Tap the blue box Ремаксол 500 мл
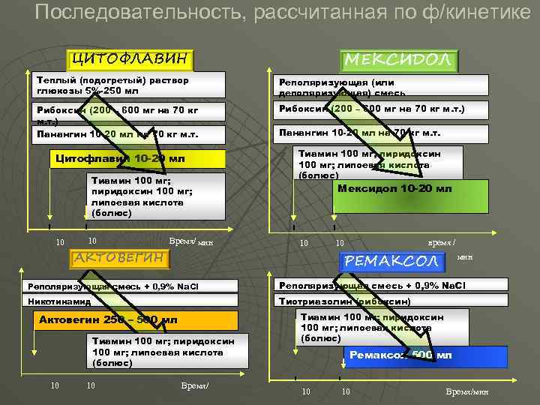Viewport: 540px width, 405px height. tap(425, 355)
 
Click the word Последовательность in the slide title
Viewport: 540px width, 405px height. tap(139, 13)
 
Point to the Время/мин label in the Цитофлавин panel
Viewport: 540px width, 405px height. tap(192, 241)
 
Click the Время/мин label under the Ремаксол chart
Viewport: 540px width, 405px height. tap(466, 392)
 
